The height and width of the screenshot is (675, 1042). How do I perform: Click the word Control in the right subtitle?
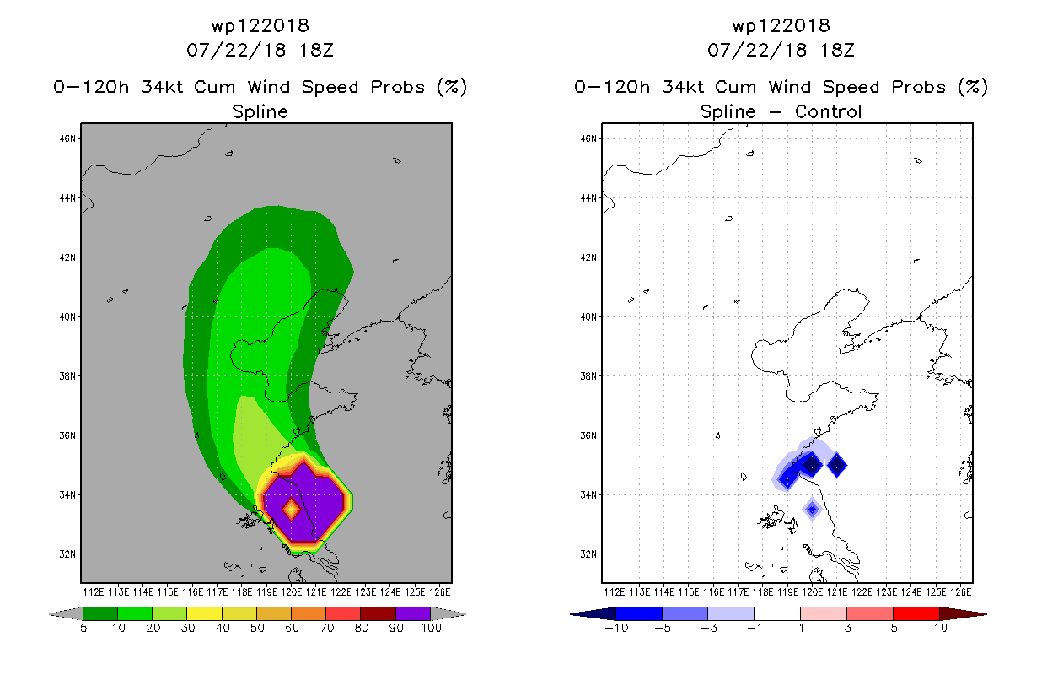pos(828,111)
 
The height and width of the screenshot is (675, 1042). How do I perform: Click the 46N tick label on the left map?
pos(67,138)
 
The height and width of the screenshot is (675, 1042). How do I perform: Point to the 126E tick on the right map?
pos(960,592)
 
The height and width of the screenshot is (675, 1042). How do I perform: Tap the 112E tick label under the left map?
pos(94,592)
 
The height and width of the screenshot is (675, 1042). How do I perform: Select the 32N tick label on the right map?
pos(588,554)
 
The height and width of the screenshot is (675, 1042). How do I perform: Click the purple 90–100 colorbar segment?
pos(413,613)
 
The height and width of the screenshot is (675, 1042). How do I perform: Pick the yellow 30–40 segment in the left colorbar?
pos(204,613)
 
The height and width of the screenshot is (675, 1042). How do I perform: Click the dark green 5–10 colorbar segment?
pos(100,613)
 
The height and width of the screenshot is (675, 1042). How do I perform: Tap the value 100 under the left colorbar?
pos(431,628)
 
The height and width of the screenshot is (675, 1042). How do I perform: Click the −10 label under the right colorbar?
pos(616,628)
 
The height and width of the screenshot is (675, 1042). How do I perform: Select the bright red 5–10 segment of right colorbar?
pos(916,613)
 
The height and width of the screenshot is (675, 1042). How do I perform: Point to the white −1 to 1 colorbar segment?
pos(777,613)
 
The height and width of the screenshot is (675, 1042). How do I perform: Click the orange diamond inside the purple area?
pos(292,510)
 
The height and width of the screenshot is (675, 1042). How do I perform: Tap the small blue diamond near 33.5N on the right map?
pos(812,510)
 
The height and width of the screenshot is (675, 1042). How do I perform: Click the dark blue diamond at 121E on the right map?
pos(837,465)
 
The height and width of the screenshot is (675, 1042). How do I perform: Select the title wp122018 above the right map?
pos(781,25)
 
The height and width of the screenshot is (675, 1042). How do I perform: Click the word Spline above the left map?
pos(260,111)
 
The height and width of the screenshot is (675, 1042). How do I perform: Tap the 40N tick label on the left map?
pos(67,317)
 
